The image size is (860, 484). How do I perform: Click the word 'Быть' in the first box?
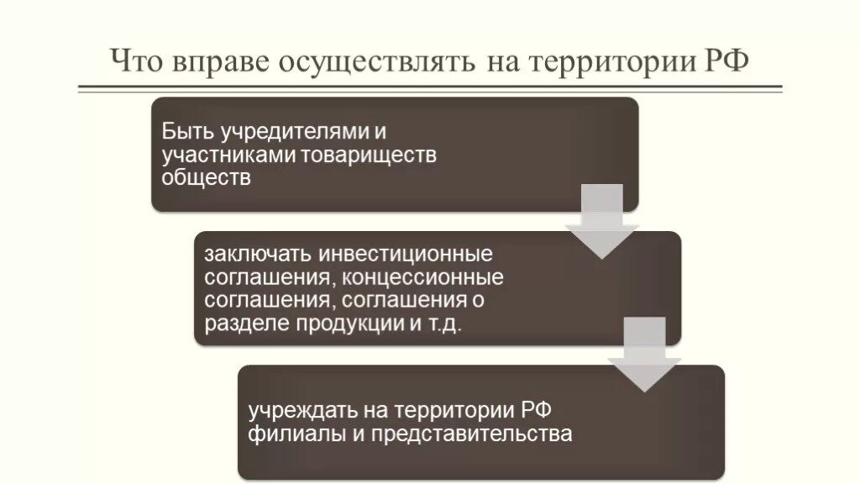(186, 133)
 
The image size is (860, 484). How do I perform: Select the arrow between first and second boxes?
(602, 221)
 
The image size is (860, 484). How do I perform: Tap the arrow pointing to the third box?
(644, 354)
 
